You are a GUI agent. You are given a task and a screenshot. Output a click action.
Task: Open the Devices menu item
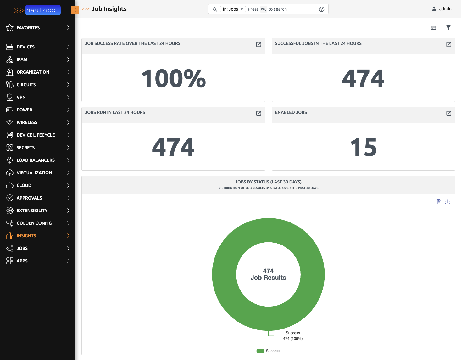tap(25, 47)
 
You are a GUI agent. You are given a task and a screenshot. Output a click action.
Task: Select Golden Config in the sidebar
tap(34, 223)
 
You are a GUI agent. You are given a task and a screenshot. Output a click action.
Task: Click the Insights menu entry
tap(26, 236)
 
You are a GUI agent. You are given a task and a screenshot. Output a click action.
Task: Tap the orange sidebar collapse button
tap(75, 10)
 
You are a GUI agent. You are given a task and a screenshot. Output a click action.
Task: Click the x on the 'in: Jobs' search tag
tap(242, 9)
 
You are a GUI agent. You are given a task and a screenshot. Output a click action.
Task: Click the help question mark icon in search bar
tap(321, 9)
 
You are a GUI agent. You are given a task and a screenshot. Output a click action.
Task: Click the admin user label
tap(445, 9)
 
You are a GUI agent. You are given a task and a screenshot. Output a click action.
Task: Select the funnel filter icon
tap(448, 28)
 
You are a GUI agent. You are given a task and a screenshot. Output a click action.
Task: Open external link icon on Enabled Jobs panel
tap(449, 113)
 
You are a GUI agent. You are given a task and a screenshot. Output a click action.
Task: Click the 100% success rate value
tap(173, 78)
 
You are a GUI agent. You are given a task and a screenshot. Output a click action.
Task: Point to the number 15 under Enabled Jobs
tap(363, 147)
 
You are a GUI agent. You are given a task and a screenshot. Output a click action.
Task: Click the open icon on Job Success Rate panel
tap(258, 45)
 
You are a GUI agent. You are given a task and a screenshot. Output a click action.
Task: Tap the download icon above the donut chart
tap(447, 202)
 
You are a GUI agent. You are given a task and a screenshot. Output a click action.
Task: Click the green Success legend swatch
tap(260, 351)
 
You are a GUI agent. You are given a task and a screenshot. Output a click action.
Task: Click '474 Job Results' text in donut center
tap(268, 274)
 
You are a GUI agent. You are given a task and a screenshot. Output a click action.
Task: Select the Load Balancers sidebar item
tap(36, 160)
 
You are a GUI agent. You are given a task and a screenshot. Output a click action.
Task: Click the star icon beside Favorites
tap(10, 28)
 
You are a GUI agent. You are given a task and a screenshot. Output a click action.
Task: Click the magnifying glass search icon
tap(215, 9)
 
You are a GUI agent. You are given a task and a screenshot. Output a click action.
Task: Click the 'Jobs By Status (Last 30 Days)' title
tap(268, 182)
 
